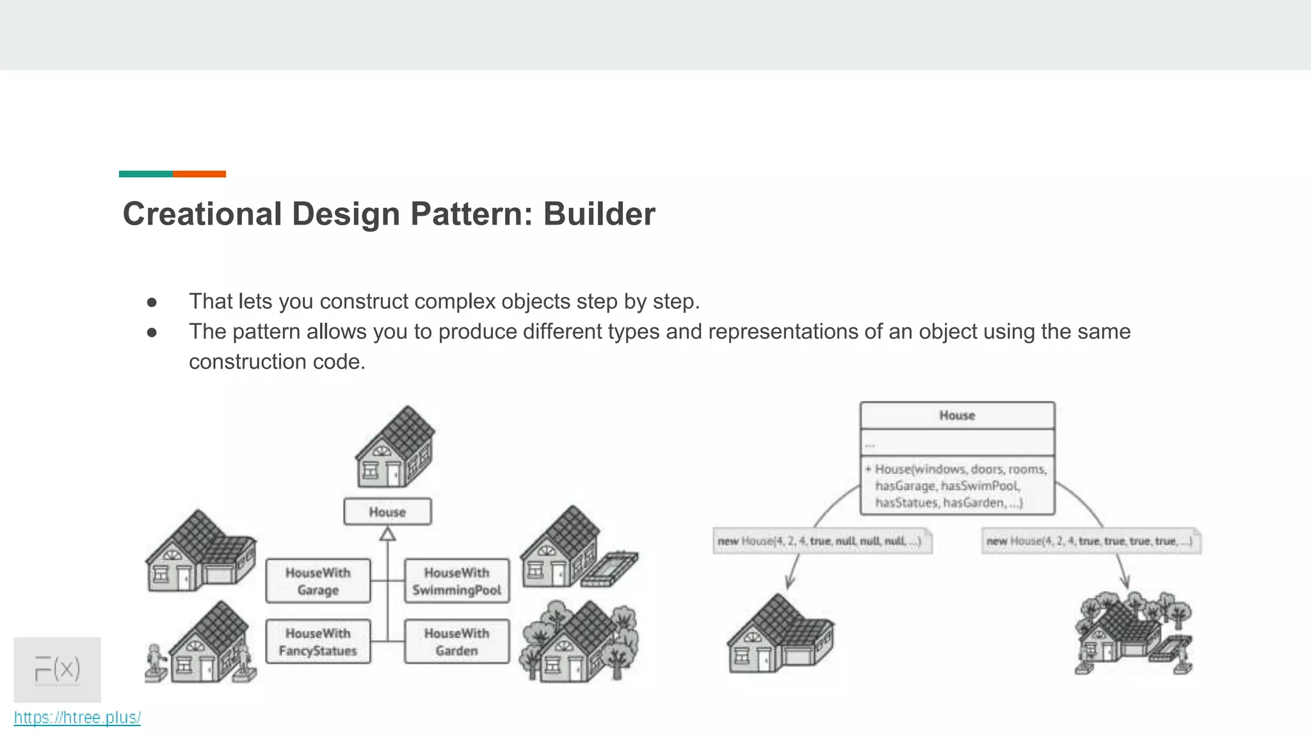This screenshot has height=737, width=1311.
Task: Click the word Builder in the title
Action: coord(599,214)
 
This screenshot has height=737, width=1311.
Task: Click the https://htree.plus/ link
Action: coord(77,718)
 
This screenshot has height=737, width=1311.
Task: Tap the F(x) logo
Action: coord(57,669)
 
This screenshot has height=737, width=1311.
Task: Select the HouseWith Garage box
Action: coord(318,581)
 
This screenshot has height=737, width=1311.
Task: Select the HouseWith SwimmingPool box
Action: coord(456,581)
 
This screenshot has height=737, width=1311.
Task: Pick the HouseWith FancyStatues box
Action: coord(318,642)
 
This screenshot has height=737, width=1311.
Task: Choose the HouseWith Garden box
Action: coord(456,642)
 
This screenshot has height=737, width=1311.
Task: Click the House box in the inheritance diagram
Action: coord(387,512)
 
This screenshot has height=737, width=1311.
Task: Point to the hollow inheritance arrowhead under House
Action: coord(387,534)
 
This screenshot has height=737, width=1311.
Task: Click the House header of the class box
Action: coord(957,416)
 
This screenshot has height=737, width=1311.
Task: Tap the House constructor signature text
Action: coord(957,486)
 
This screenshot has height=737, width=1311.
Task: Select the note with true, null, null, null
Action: coord(821,541)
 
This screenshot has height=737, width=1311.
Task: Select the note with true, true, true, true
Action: coord(1090,541)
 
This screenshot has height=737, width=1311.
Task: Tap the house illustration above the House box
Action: coord(395,448)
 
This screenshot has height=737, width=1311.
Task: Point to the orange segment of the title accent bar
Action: coord(199,174)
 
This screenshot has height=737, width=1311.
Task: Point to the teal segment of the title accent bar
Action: coord(145,174)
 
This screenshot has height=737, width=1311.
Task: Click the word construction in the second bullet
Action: coord(248,362)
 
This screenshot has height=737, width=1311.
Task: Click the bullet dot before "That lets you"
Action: coord(152,302)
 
